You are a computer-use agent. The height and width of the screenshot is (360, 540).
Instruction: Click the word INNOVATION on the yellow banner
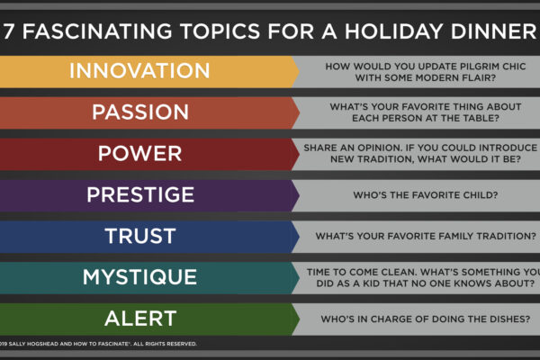tap(139, 70)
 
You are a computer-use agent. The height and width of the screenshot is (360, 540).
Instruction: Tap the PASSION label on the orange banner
tap(140, 112)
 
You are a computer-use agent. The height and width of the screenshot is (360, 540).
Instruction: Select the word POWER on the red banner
tap(139, 153)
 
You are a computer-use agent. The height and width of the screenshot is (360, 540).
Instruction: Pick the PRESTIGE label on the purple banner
tap(140, 194)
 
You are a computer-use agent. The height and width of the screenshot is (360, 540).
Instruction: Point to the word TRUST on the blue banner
tap(140, 236)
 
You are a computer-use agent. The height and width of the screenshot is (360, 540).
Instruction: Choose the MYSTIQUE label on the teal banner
tap(139, 277)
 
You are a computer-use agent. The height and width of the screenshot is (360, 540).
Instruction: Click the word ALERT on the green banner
tap(140, 319)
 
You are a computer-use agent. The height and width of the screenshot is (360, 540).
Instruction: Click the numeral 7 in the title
tap(9, 31)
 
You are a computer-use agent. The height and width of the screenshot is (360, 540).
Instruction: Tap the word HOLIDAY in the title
tap(393, 31)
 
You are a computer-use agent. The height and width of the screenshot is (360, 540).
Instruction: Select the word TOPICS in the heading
tap(220, 31)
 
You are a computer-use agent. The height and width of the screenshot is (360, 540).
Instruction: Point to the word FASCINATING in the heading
tap(97, 31)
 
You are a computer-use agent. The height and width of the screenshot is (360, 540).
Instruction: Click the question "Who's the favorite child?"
tap(426, 195)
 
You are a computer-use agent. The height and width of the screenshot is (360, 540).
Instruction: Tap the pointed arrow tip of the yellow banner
tap(299, 72)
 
